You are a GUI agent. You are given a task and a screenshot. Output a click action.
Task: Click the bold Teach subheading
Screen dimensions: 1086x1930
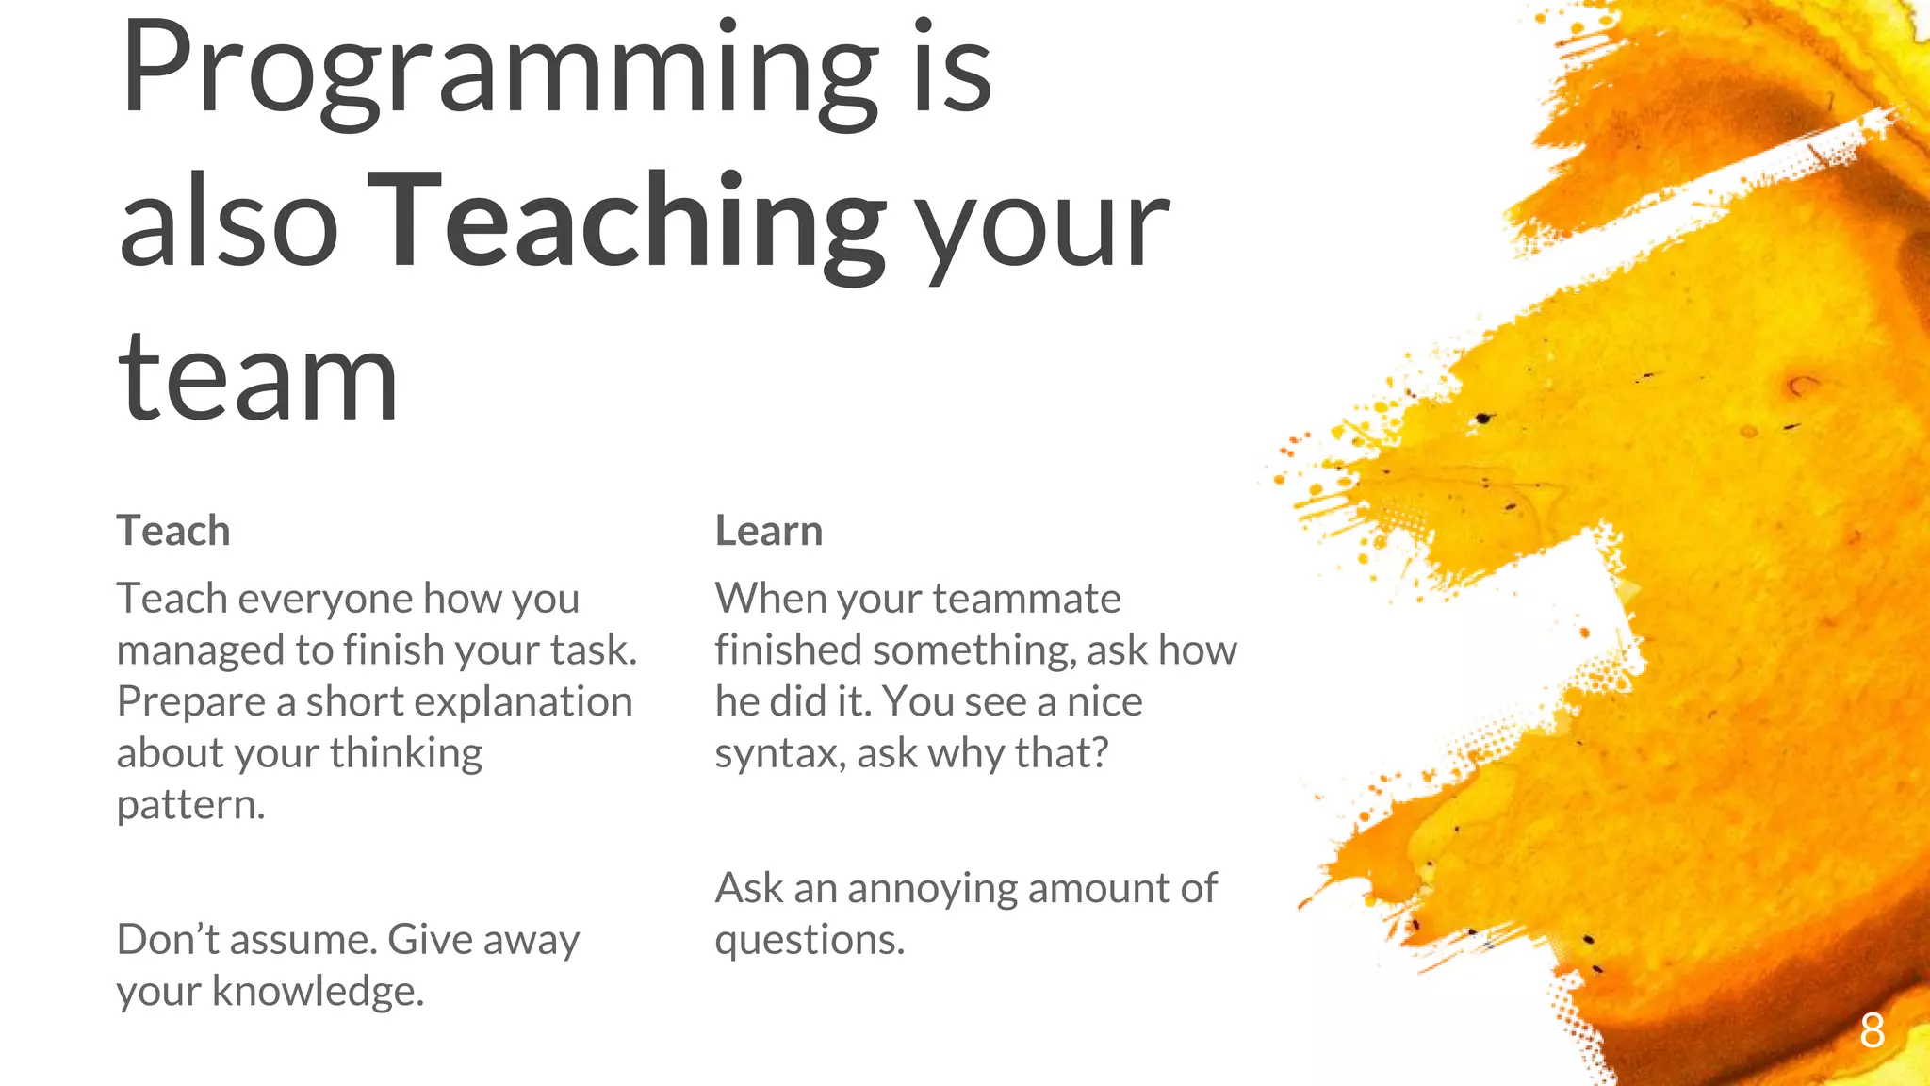[173, 531]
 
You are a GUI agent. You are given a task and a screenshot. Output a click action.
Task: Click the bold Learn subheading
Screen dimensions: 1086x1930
[769, 531]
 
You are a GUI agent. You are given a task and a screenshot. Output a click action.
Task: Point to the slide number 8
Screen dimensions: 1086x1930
[1872, 1031]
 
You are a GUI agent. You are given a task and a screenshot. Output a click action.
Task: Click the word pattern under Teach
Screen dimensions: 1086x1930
[190, 805]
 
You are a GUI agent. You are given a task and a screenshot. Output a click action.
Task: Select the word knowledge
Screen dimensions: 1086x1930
[318, 991]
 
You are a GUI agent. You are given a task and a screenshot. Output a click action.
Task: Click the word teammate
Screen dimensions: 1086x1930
[1026, 599]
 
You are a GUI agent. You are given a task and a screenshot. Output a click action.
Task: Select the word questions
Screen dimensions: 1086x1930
[810, 941]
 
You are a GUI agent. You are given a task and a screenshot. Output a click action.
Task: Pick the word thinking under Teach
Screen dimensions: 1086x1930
[405, 753]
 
